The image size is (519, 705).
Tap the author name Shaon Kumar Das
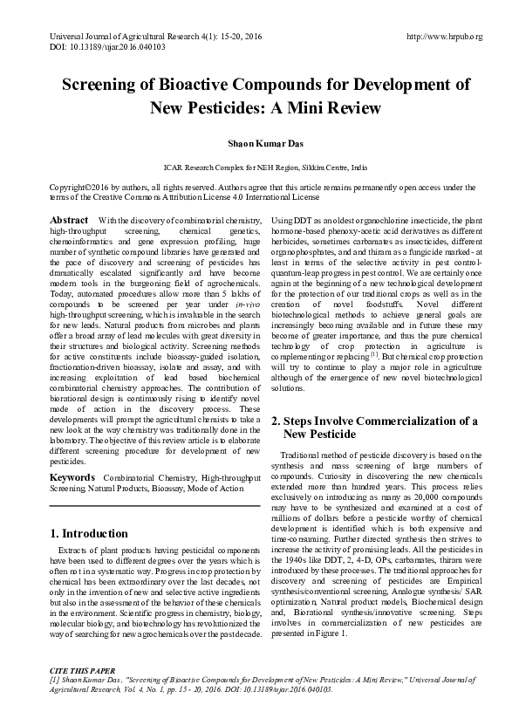259,141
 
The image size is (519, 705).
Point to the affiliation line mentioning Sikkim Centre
259,165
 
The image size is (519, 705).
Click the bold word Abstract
69,219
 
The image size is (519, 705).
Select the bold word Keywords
73,478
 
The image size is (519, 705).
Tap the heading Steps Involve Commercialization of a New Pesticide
374,427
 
